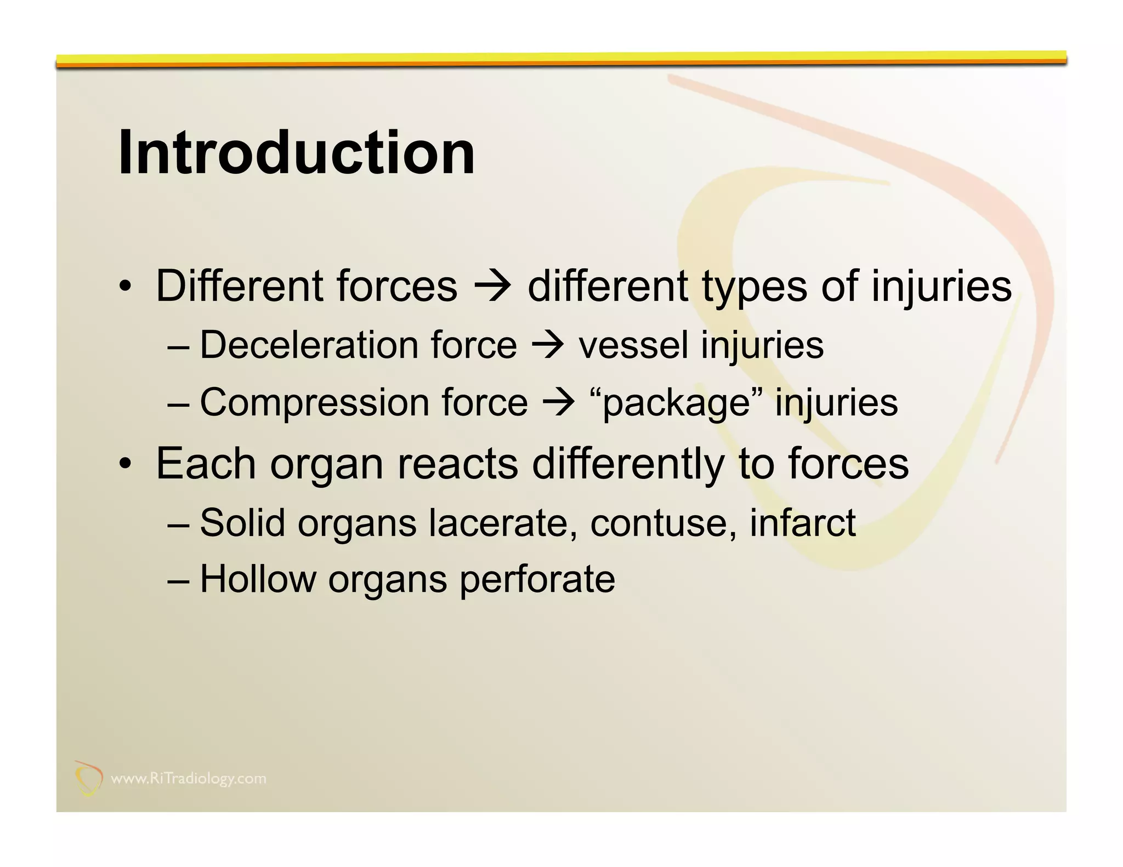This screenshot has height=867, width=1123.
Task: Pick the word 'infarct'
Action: click(802, 523)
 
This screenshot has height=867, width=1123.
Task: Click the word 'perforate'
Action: click(537, 580)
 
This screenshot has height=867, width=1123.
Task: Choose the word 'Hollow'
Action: click(258, 580)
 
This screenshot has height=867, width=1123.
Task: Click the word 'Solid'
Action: click(242, 523)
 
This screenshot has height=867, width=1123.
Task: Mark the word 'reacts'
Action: click(457, 464)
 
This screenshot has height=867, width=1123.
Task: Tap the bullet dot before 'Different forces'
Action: click(126, 287)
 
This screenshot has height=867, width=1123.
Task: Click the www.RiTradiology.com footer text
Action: click(188, 779)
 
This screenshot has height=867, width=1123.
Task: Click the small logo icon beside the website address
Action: click(88, 778)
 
